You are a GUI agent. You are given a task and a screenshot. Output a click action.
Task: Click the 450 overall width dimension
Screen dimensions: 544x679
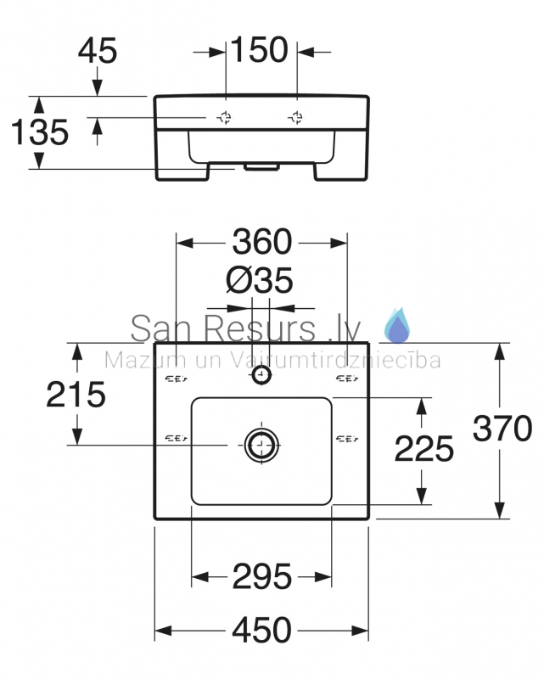coord(261,630)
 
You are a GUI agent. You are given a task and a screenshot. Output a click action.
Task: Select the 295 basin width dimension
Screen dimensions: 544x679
coord(261,576)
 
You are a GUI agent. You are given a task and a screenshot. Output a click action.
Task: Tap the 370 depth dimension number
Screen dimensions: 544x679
coord(502,429)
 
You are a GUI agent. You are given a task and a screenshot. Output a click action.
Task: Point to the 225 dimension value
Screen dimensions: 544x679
coord(424,449)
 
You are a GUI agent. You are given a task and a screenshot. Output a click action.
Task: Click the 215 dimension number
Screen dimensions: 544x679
coord(76,394)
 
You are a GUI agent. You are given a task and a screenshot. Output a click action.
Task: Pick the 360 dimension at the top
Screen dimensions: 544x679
coord(262,242)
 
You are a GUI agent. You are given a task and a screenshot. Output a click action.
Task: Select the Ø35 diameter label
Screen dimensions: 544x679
coord(260,280)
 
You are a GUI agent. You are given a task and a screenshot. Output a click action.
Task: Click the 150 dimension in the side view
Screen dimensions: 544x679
coord(259,49)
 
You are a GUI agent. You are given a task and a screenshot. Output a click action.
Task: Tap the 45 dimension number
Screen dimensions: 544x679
coord(98,50)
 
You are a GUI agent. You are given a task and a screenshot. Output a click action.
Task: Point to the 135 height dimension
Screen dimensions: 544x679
coord(39,132)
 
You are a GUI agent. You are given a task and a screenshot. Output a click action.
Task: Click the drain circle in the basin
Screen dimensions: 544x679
coord(261,445)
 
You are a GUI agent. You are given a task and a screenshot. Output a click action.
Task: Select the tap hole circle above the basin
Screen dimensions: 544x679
coord(261,374)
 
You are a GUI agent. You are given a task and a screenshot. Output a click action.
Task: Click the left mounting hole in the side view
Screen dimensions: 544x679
coord(225,117)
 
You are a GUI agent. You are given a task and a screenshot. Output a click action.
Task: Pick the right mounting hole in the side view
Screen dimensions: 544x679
coord(296,117)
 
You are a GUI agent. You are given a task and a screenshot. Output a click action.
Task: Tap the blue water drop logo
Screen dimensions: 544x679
coord(398,325)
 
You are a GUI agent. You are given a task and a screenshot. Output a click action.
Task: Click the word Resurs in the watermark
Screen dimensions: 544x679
coord(259,328)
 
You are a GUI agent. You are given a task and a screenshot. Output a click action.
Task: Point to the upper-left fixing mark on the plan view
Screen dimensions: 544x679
coord(177,379)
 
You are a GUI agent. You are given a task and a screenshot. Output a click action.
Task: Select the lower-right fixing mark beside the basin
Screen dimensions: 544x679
coord(347,439)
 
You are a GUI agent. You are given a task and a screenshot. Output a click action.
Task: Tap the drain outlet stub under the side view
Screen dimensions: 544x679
coord(261,167)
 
